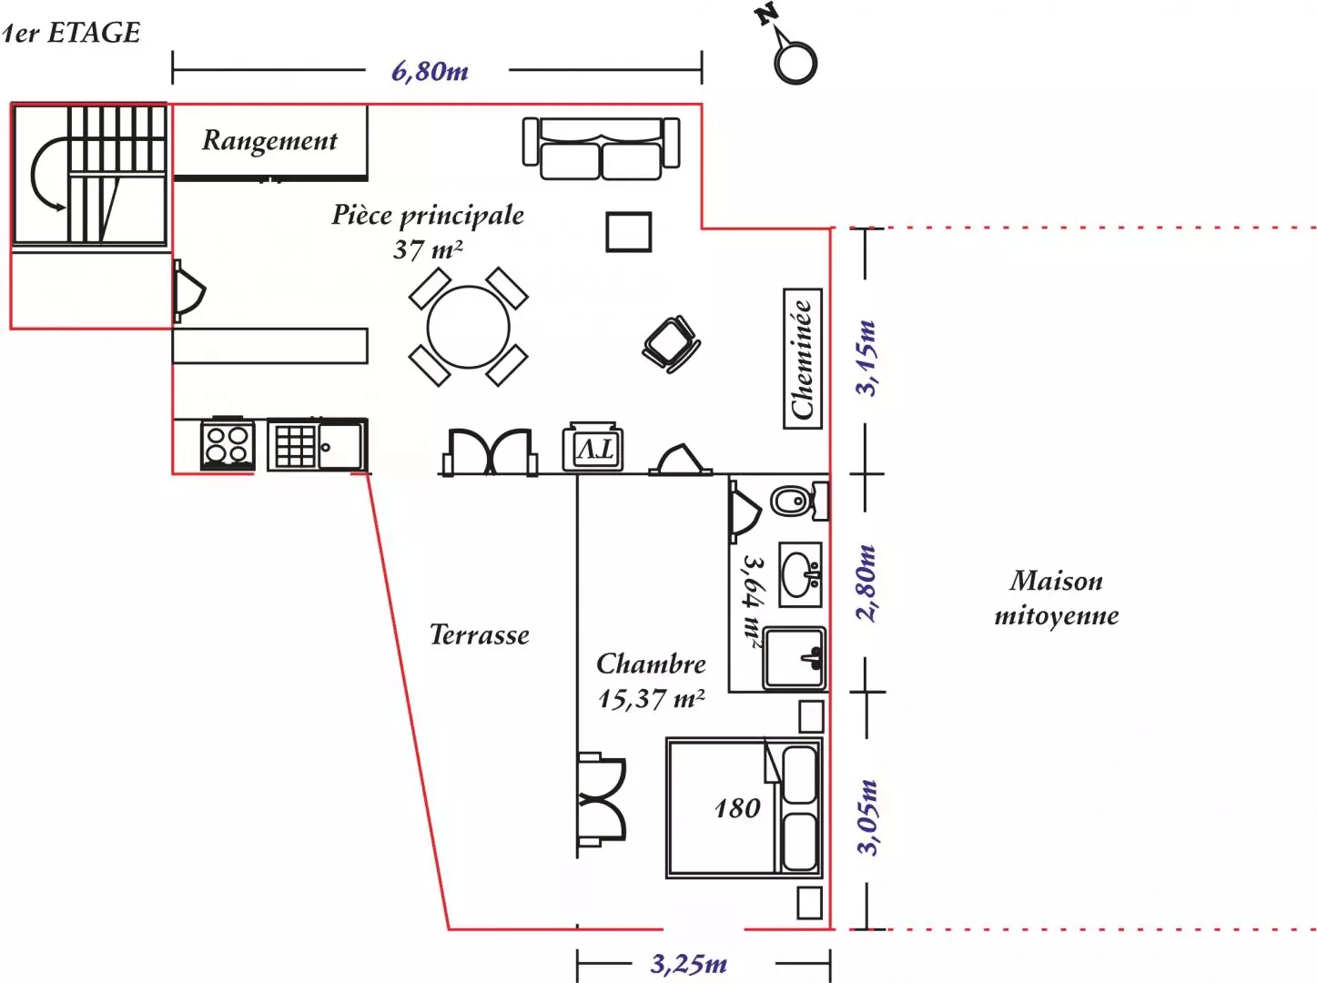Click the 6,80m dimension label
pos(430,71)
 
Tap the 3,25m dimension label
pos(688,964)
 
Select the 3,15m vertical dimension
pos(866,358)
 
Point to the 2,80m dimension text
pos(866,583)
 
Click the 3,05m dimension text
pos(867,816)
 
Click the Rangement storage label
pos(269,141)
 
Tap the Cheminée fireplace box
pos(802,359)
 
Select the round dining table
pos(468,328)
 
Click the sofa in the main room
pos(601,148)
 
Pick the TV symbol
pos(593,448)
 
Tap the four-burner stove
pos(228,444)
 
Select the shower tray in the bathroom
pos(794,658)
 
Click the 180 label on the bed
pos(736,808)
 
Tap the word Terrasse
pos(479,635)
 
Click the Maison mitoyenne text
pos(1056,598)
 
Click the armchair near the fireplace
pos(672,344)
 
